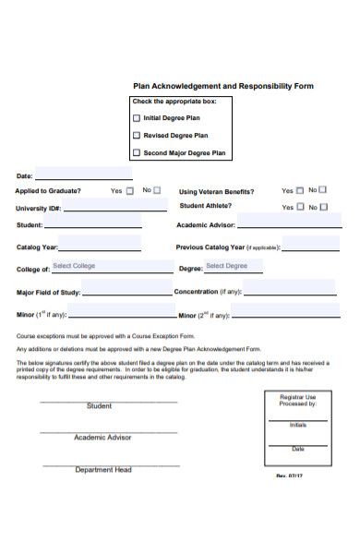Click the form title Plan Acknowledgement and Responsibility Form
click(x=223, y=86)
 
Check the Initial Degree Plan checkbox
click(x=138, y=118)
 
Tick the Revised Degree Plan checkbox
click(x=138, y=136)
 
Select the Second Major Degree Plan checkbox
click(x=138, y=153)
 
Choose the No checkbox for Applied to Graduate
click(x=156, y=190)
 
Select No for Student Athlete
click(x=323, y=207)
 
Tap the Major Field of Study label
click(x=47, y=293)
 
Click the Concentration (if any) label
click(x=209, y=292)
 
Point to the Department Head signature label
click(x=102, y=470)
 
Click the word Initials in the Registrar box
click(x=298, y=425)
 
